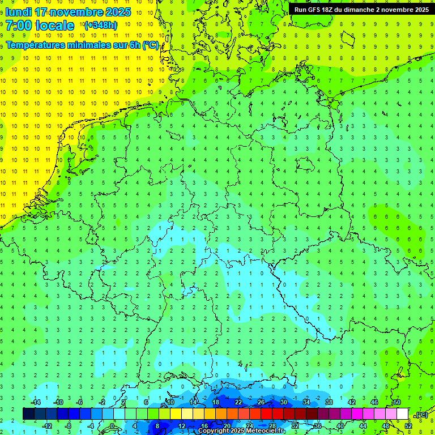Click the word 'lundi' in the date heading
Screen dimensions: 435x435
coord(19,12)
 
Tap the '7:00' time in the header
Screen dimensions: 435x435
coord(19,25)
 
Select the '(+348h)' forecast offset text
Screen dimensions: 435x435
coord(100,25)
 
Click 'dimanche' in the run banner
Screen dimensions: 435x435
coord(368,10)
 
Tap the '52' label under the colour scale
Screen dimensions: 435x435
coord(409,426)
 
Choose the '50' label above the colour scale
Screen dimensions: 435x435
coord(397,402)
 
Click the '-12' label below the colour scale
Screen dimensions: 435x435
coord(47,426)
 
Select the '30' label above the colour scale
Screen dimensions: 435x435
coord(284,402)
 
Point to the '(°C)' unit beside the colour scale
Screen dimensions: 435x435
coord(421,415)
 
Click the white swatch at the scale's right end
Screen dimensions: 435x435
coord(402,414)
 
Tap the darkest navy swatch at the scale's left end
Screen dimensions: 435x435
coord(28,414)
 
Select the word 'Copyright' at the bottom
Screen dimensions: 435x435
coord(214,431)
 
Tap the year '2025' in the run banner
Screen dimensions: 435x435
coord(419,10)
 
